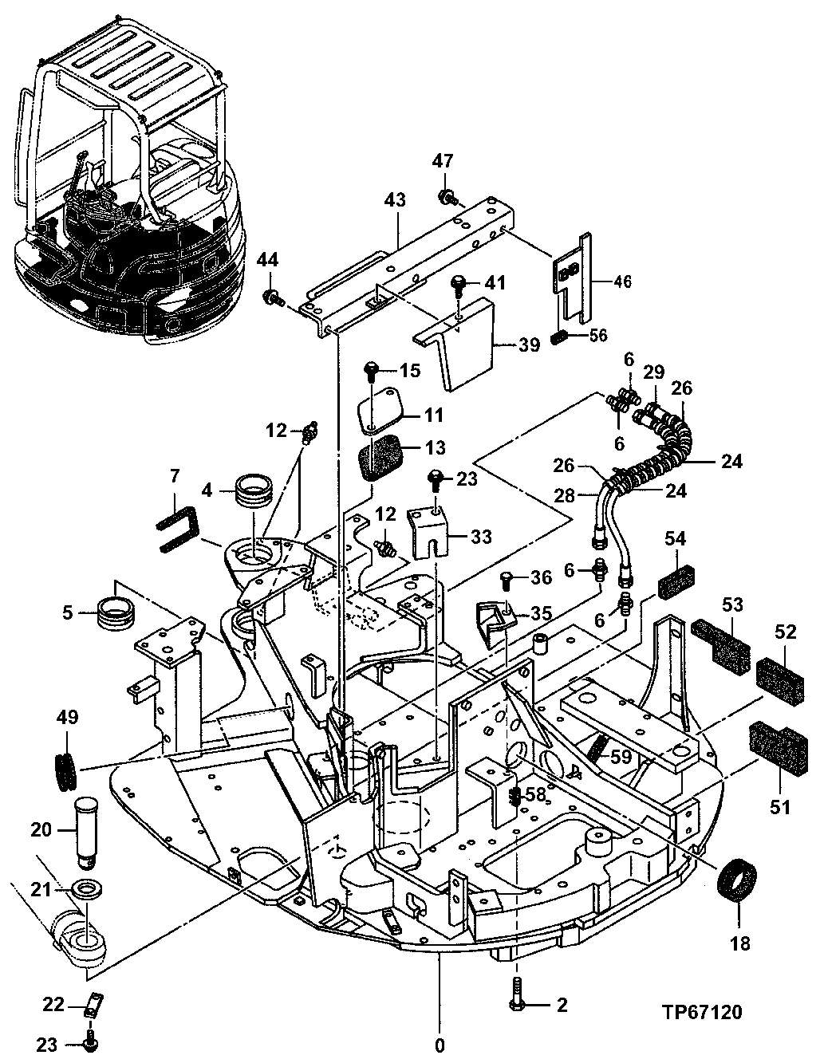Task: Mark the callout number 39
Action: (529, 344)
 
